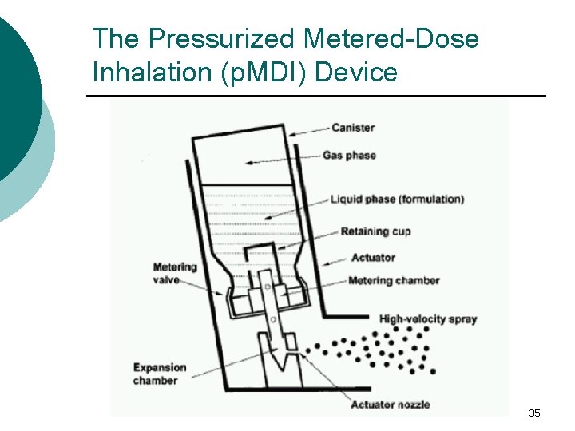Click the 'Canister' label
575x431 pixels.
[352, 128]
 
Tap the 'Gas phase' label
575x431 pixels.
[349, 155]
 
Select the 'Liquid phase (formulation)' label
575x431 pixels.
[397, 199]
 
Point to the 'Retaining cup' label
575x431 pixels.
[375, 231]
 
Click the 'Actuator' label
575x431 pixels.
[373, 258]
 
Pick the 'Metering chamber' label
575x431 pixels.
[394, 280]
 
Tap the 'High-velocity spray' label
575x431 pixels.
[428, 319]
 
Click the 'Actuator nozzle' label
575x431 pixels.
[391, 405]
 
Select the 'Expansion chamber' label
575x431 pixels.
[160, 374]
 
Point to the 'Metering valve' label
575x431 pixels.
[175, 272]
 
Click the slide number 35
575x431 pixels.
[534, 413]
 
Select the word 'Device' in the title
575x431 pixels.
[357, 73]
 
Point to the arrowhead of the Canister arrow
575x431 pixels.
[291, 133]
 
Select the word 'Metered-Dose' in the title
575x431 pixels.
[392, 38]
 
